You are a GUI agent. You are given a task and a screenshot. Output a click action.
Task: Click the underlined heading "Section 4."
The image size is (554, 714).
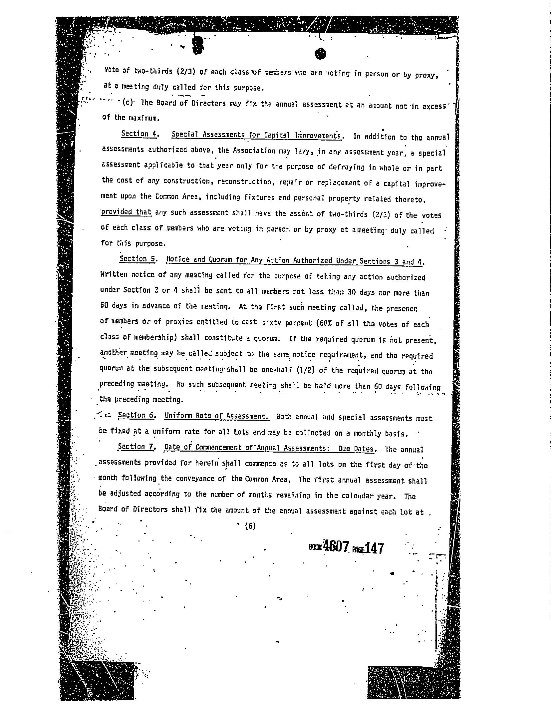coord(139,134)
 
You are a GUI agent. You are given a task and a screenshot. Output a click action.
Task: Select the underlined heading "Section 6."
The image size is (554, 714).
coord(137,415)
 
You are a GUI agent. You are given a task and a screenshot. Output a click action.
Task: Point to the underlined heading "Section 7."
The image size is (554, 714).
coord(137,447)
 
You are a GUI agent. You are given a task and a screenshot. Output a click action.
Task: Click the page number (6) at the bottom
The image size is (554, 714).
coord(250,526)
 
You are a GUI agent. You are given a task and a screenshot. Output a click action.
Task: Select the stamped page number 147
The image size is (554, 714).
coord(374,548)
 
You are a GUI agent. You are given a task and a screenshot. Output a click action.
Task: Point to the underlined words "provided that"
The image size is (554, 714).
coord(126,212)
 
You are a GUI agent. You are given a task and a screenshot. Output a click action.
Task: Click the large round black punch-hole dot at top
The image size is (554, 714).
coord(320,54)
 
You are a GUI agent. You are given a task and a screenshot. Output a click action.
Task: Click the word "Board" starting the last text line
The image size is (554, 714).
coord(108,509)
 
